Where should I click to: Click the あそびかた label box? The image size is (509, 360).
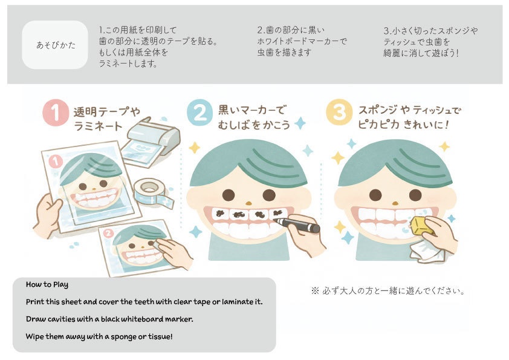[x=55, y=45]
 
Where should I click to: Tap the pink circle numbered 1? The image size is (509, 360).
[x=56, y=113]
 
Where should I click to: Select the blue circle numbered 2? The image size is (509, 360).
[x=199, y=113]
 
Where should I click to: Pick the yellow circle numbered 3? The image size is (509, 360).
[x=339, y=113]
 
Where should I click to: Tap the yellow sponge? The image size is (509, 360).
[x=422, y=226]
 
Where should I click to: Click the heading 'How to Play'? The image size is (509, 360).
[x=47, y=284]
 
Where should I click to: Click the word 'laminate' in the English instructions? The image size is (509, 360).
[x=233, y=301]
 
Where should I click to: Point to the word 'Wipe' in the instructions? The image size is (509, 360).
[x=35, y=336]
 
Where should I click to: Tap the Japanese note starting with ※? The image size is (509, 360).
[x=387, y=291]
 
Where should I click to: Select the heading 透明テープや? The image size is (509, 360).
[x=107, y=111]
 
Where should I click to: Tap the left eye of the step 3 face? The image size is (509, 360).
[x=375, y=195]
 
